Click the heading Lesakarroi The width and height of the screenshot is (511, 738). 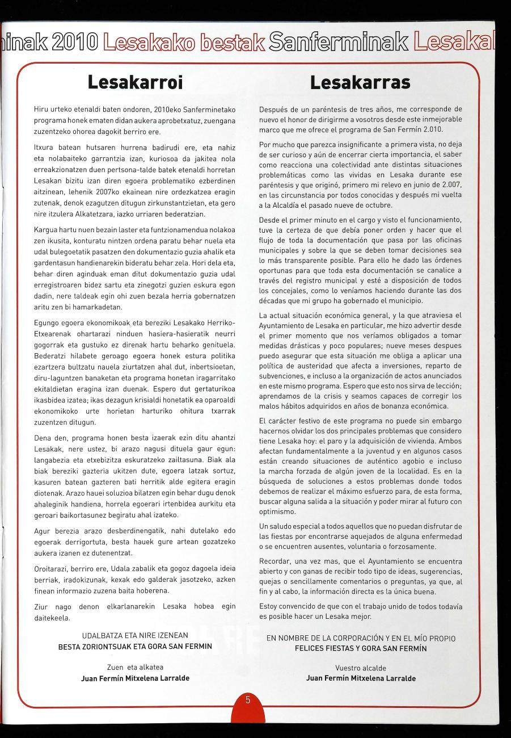click(135, 83)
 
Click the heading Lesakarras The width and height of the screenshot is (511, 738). click(360, 83)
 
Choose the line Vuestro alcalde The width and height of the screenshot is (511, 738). click(361, 668)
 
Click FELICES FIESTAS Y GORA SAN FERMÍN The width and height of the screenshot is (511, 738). click(361, 648)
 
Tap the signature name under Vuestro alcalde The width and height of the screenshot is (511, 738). click(361, 678)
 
